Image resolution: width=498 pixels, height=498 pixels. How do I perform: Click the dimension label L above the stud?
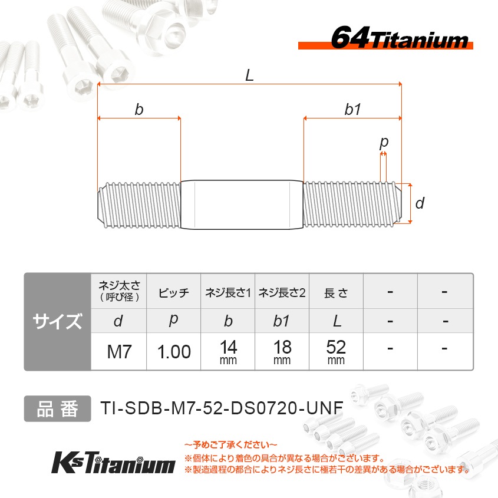250,75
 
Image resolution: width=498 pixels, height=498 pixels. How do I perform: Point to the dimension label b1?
353,110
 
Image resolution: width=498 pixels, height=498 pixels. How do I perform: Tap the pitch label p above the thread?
384,142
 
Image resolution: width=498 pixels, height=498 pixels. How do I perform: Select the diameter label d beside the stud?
420,204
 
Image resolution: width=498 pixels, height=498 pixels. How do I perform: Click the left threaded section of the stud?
139,205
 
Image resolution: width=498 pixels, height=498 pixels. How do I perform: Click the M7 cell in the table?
118,352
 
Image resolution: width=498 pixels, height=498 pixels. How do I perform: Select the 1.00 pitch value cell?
174,352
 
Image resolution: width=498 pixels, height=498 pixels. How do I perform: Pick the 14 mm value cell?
228,352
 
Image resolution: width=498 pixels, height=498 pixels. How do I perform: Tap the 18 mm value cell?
282,352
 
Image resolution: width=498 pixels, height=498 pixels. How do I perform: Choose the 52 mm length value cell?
336,352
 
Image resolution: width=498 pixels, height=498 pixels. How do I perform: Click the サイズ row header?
57,322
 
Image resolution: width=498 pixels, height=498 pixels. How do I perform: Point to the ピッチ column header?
174,293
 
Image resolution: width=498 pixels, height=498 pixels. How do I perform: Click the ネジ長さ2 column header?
282,293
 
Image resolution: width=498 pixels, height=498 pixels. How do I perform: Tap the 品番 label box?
57,408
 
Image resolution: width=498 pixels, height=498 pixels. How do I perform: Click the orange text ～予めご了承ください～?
230,444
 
